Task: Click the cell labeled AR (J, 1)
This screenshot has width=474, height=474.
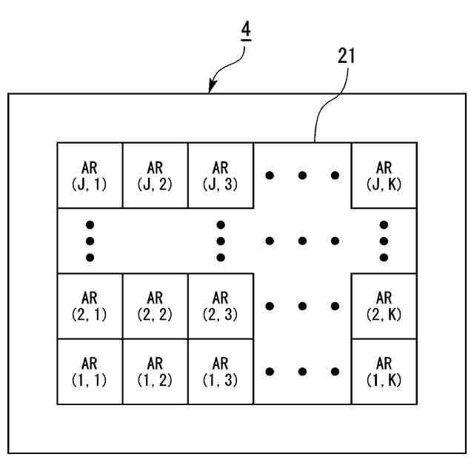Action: coord(90,176)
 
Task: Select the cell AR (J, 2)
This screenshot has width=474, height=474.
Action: coord(155,176)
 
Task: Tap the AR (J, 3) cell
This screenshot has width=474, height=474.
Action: coord(220,176)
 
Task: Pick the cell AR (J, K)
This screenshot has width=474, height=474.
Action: coord(384,176)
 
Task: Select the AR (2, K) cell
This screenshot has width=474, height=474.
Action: coord(384,306)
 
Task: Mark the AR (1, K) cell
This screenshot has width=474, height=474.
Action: coord(384,371)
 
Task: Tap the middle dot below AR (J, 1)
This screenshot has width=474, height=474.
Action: coord(90,241)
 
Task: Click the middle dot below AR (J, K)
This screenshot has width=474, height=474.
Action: coord(384,241)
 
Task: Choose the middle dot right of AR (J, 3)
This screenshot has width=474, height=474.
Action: coord(302,176)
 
